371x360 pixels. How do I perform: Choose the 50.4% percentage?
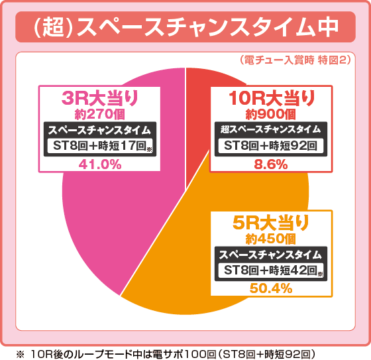pyautogui.click(x=270, y=288)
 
